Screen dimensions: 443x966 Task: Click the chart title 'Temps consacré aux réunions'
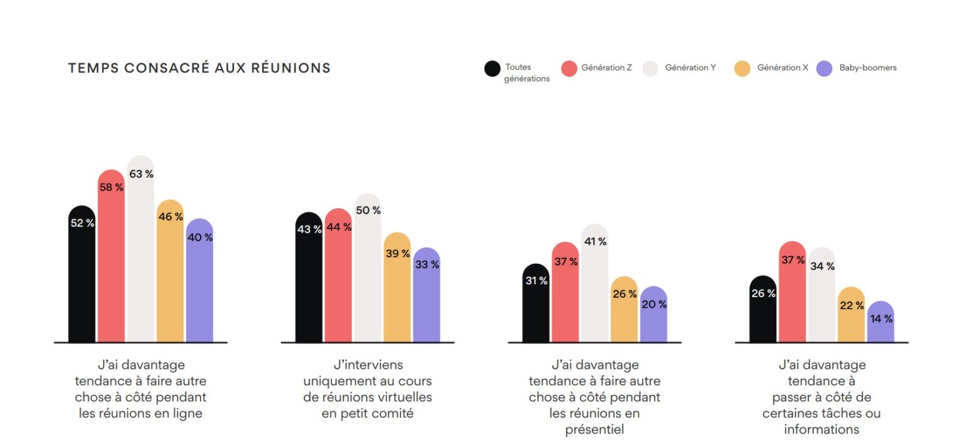[199, 69]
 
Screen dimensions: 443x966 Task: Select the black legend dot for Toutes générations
[492, 69]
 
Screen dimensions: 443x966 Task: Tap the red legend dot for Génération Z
[569, 69]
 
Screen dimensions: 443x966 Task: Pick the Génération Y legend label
[690, 68]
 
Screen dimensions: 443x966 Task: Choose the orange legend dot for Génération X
[742, 69]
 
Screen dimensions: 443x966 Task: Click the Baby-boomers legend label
[868, 68]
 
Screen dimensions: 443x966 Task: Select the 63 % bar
[141, 252]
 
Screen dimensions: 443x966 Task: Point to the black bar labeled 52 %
[82, 277]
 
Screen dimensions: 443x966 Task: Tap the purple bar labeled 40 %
[199, 283]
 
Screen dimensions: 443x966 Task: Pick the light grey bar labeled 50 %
[368, 271]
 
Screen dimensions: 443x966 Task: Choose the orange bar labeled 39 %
[397, 289]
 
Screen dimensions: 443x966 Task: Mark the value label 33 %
[427, 265]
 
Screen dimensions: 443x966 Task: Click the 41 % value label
[594, 242]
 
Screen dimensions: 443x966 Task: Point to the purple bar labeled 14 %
[880, 324]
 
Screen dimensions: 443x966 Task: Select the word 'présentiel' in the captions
[594, 430]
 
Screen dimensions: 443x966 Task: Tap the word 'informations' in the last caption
[821, 430]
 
